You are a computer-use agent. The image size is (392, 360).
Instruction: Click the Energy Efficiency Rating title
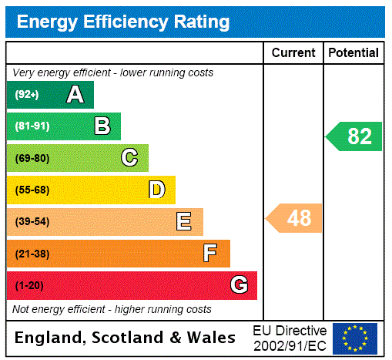point(122,22)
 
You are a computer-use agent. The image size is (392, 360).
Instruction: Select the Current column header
point(293,53)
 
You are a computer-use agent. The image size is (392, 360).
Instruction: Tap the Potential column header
point(353,53)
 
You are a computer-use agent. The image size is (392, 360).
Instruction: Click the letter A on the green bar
point(75,95)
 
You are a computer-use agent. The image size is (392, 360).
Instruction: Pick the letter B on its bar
point(102,126)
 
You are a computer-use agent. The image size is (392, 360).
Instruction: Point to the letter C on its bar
point(129,158)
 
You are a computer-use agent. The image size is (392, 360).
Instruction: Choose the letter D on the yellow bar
point(156,190)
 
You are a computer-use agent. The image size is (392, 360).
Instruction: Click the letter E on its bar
point(183,222)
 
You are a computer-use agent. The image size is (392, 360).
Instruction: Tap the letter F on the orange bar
point(209,254)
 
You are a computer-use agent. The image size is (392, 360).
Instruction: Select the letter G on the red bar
point(239,285)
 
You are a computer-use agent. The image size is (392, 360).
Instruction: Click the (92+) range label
point(27,95)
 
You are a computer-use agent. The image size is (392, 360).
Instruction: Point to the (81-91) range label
point(32,126)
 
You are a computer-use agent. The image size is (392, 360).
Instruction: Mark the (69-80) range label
point(32,159)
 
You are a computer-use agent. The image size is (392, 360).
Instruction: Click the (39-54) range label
point(32,222)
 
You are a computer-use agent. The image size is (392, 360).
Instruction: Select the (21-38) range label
point(32,254)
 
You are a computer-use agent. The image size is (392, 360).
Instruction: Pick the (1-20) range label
point(29,286)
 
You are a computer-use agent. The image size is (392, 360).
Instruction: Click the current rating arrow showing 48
point(295,218)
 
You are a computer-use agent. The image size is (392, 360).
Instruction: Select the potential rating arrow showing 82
point(355,136)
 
